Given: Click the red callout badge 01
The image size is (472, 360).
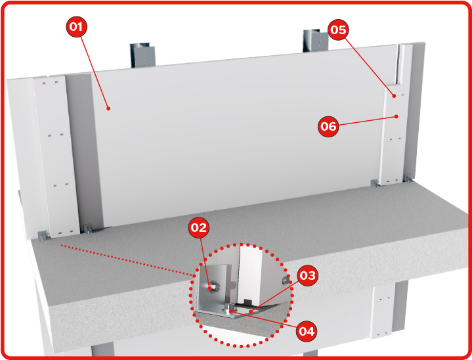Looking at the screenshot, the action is click(76, 27).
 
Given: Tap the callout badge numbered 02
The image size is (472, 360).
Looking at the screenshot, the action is click(199, 227).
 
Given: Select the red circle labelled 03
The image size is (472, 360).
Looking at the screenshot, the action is click(307, 275).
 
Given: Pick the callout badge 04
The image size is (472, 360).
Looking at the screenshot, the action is click(307, 331).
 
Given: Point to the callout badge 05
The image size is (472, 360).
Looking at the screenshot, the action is click(338, 30).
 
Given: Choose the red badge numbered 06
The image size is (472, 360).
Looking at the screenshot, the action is click(328, 126).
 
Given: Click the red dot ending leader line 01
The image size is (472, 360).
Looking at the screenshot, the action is click(108, 108).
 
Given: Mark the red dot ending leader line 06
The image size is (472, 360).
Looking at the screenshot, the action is click(397, 116).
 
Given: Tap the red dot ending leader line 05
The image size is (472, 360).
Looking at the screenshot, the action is click(394, 96).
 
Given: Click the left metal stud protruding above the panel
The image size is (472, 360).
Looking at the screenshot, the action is click(142, 55).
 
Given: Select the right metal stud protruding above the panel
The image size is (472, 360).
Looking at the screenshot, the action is click(315, 41).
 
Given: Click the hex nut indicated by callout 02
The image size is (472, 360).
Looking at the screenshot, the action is click(215, 286).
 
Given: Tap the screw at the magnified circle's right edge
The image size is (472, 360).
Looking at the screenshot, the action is click(285, 281).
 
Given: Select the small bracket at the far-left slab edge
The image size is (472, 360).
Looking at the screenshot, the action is click(43, 236).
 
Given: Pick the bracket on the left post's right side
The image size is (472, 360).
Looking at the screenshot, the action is click(87, 229).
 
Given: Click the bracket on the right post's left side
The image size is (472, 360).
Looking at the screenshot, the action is click(374, 183).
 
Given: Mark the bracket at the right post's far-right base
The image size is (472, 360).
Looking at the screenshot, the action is click(407, 178).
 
